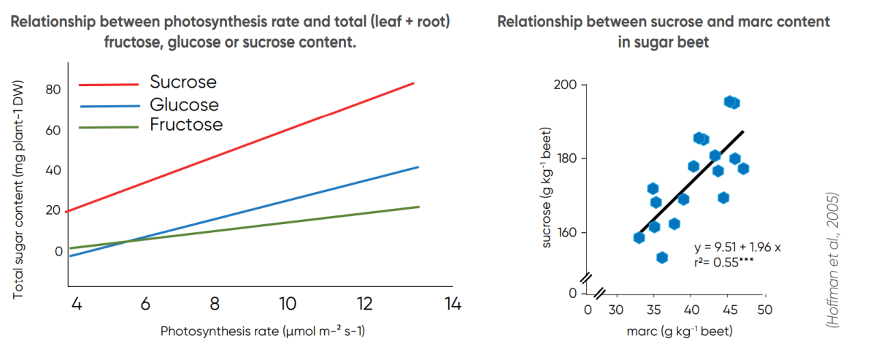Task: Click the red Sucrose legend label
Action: tap(183, 82)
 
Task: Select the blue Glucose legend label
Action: tap(184, 104)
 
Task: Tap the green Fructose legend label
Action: tap(186, 124)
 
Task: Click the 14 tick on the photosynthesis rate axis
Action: tap(453, 304)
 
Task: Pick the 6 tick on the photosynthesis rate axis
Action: tap(145, 304)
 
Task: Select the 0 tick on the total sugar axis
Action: tap(58, 251)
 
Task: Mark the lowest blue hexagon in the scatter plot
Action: tap(662, 257)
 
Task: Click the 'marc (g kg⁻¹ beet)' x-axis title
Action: tap(679, 332)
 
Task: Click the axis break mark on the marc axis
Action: tap(600, 294)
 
